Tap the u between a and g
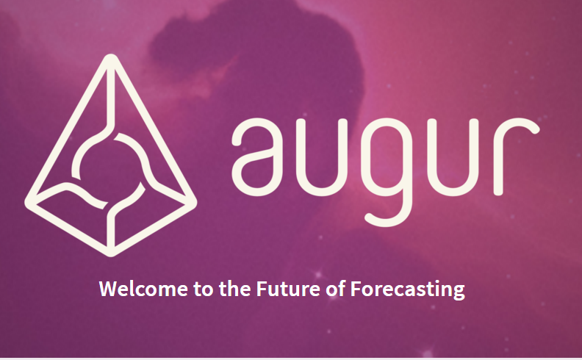pyautogui.click(x=322, y=157)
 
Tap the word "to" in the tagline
pyautogui.click(x=204, y=289)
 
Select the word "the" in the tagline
pyautogui.click(x=234, y=289)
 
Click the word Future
pyautogui.click(x=288, y=289)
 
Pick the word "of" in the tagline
pyautogui.click(x=336, y=289)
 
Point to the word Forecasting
pyautogui.click(x=408, y=290)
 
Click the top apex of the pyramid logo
pyautogui.click(x=111, y=57)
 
